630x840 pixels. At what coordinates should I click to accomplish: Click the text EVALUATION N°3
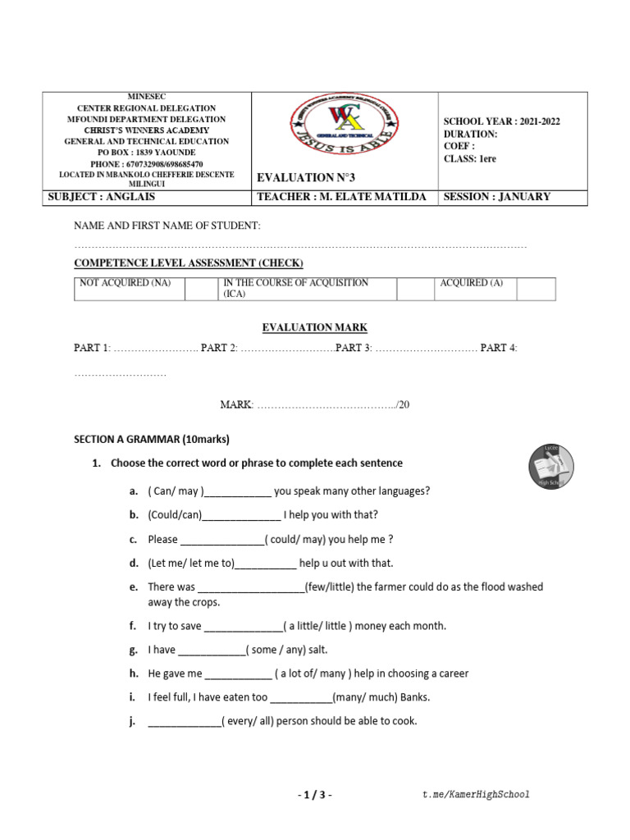point(307,177)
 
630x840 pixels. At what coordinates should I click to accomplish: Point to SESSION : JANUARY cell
point(496,197)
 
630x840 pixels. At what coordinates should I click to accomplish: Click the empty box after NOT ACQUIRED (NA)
point(200,289)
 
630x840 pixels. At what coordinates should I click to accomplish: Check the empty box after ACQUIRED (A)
point(536,289)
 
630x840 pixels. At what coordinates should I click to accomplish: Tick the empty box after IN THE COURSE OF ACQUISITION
point(414,289)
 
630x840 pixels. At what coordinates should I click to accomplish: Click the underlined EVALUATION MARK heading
point(314,328)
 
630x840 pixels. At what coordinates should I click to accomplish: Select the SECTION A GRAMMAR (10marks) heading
point(152,439)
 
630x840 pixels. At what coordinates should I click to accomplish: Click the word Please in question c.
point(162,539)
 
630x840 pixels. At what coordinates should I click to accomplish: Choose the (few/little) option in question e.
point(331,587)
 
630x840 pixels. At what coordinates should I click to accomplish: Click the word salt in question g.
point(317,650)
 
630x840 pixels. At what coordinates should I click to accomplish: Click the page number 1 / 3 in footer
point(314,794)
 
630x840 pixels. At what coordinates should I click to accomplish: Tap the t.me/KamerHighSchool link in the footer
point(476,794)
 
